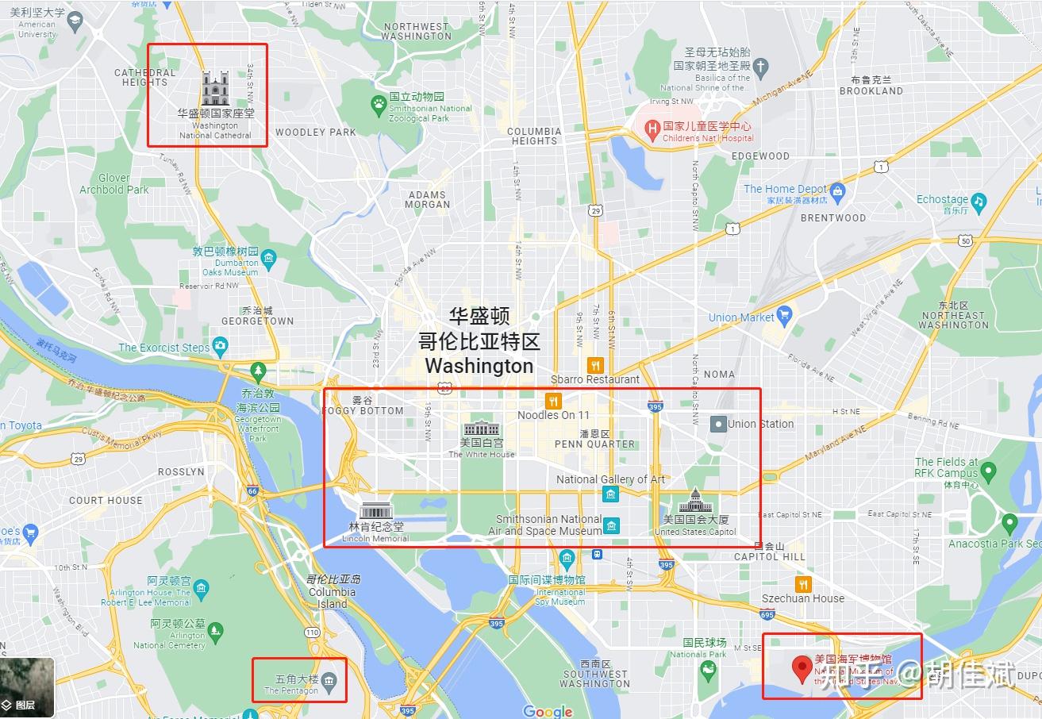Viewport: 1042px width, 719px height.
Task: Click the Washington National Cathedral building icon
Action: [x=215, y=88]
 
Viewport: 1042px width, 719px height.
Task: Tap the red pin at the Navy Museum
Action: [x=802, y=666]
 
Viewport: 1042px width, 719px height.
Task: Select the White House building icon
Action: [x=482, y=429]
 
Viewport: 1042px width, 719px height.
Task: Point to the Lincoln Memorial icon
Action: [x=376, y=511]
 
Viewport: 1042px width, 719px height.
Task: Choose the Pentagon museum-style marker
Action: [x=330, y=680]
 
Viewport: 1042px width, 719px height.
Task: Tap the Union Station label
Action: [x=759, y=424]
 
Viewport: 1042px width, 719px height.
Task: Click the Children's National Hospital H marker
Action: [x=652, y=127]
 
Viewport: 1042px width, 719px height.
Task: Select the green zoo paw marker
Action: [x=379, y=103]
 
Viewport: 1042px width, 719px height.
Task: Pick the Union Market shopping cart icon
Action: [x=785, y=317]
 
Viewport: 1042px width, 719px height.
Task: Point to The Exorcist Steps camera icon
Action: [x=220, y=347]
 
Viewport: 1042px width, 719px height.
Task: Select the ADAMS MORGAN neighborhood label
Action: [x=427, y=199]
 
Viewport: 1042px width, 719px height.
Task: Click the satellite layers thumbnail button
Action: [x=27, y=687]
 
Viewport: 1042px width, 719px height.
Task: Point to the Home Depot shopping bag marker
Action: [x=837, y=190]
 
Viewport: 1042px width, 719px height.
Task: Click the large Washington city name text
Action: [x=479, y=366]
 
